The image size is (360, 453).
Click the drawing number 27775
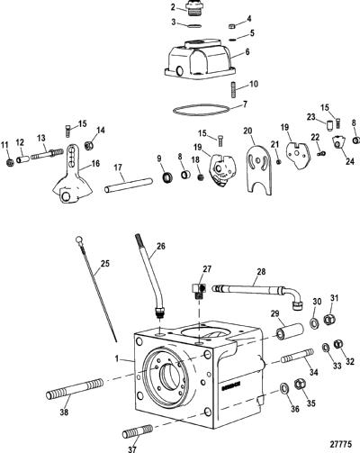(x=341, y=443)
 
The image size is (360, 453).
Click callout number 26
(x=161, y=246)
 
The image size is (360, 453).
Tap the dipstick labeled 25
(x=96, y=289)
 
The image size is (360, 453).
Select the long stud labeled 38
(x=75, y=388)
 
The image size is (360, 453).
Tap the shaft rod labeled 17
(x=129, y=185)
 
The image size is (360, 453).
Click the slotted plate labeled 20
(x=258, y=169)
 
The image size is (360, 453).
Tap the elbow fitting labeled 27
(x=198, y=290)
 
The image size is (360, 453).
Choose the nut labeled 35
(x=300, y=385)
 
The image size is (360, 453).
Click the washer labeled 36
(x=283, y=388)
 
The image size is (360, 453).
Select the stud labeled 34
(x=297, y=356)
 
